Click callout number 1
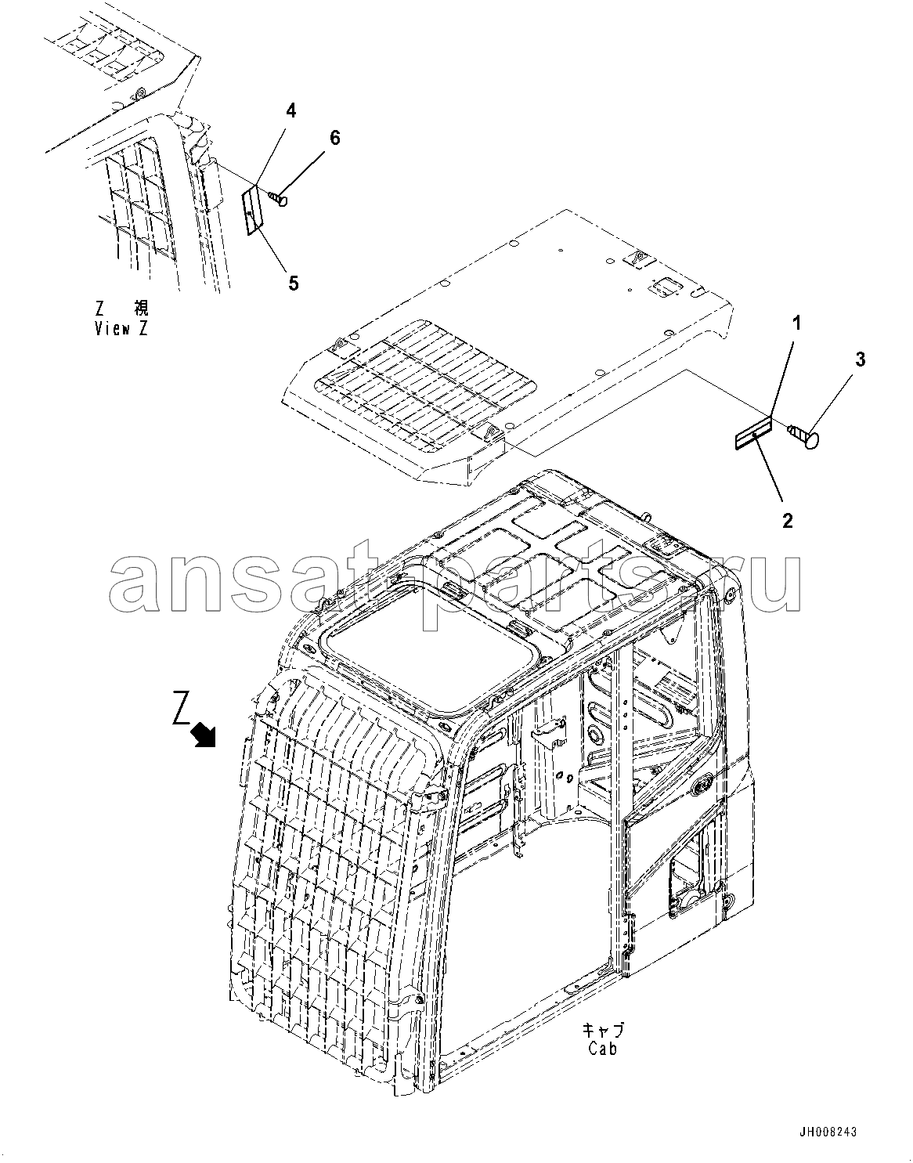tap(796, 323)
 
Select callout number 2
tap(787, 521)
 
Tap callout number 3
tap(860, 359)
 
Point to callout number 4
tap(290, 110)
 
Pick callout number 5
tap(294, 284)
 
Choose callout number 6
tap(334, 138)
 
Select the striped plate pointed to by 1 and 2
tap(754, 432)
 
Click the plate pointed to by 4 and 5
tap(251, 210)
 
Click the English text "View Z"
tap(121, 329)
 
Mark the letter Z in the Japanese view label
tap(100, 308)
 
